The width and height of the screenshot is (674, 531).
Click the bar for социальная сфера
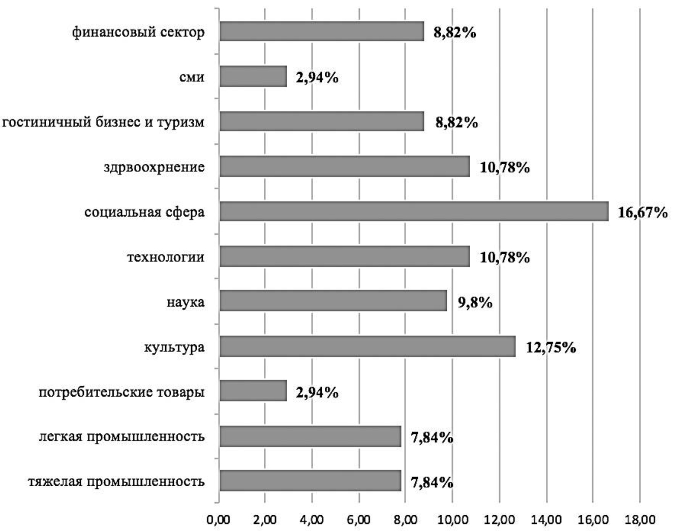click(x=414, y=212)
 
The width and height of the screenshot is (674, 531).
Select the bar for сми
click(x=253, y=77)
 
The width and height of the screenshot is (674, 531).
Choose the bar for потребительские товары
click(x=253, y=391)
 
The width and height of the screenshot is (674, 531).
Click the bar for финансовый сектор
click(x=321, y=32)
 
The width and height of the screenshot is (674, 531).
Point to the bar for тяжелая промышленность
click(x=310, y=481)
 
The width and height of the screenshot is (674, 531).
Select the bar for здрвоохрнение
click(x=345, y=167)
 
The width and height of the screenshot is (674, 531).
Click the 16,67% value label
click(x=642, y=213)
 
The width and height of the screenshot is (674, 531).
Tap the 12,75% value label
click(x=550, y=348)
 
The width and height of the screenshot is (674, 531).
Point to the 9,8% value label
click(x=475, y=303)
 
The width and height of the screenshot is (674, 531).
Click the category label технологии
click(x=166, y=257)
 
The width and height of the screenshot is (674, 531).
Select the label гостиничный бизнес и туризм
click(x=103, y=123)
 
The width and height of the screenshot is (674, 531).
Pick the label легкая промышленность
click(x=122, y=436)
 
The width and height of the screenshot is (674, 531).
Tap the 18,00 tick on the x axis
click(x=639, y=519)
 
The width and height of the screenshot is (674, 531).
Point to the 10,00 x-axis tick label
click(x=452, y=519)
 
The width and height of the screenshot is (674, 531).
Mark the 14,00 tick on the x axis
click(x=546, y=519)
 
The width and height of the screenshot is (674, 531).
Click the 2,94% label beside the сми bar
click(x=317, y=78)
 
